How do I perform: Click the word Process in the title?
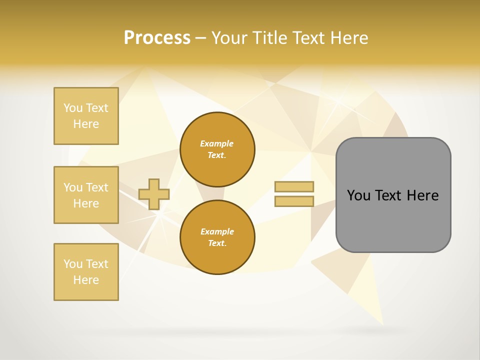pyautogui.click(x=157, y=38)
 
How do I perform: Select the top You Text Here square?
pyautogui.click(x=86, y=116)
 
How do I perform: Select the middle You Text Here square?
pyautogui.click(x=86, y=195)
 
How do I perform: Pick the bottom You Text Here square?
pyautogui.click(x=86, y=272)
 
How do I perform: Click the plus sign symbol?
pyautogui.click(x=154, y=194)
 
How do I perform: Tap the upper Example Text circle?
pyautogui.click(x=217, y=149)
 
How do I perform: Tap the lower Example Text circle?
pyautogui.click(x=217, y=237)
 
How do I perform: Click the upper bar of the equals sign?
pyautogui.click(x=294, y=186)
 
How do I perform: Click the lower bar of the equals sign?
pyautogui.click(x=294, y=201)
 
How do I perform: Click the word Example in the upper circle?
pyautogui.click(x=217, y=144)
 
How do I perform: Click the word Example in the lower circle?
pyautogui.click(x=217, y=232)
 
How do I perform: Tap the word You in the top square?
pyautogui.click(x=72, y=108)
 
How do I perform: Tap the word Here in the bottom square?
pyautogui.click(x=86, y=280)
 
